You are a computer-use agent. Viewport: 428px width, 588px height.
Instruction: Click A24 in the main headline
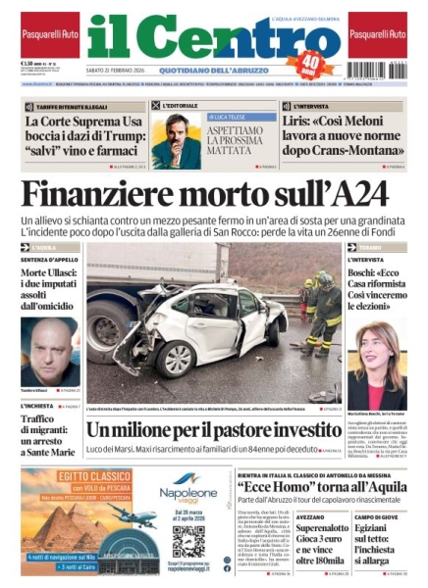[x=370, y=195]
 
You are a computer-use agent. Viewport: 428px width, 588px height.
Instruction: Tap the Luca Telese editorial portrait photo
[x=176, y=141]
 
